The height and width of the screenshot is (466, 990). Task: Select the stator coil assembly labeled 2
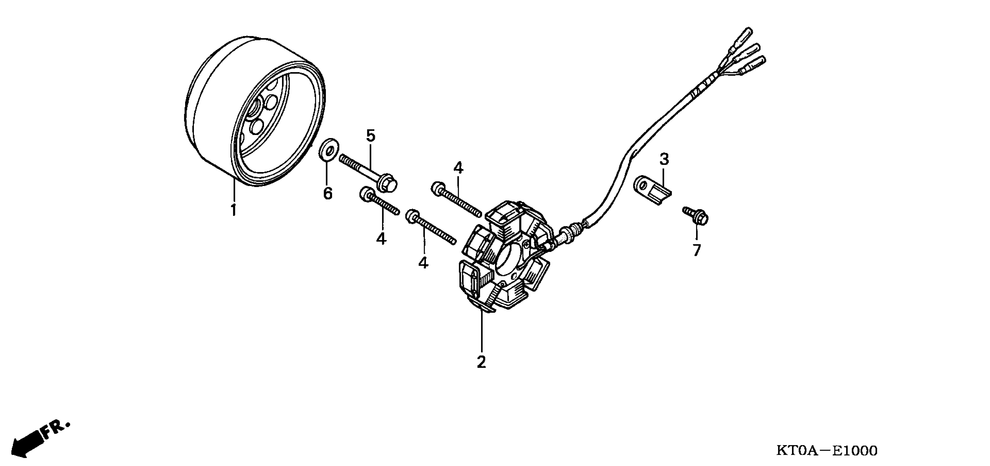tap(507, 257)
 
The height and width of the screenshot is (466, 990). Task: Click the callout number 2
tap(481, 362)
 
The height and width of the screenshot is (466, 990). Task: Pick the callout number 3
tap(664, 159)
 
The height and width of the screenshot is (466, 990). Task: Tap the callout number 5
tap(370, 136)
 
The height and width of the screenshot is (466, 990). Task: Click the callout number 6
tap(327, 194)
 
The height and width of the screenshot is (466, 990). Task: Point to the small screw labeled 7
tap(696, 216)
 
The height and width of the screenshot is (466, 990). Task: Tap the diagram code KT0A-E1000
tap(827, 450)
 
